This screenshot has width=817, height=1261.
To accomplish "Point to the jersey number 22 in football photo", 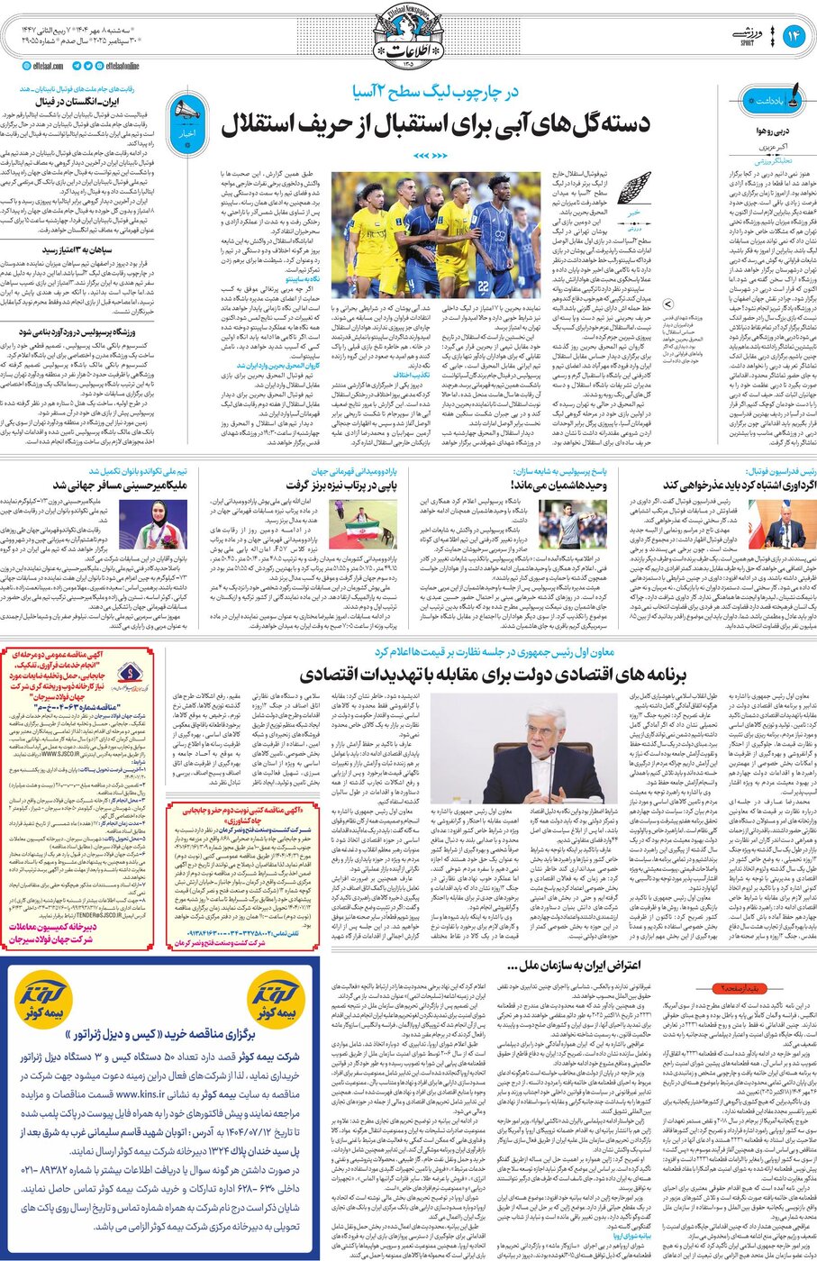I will tap(483, 286).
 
